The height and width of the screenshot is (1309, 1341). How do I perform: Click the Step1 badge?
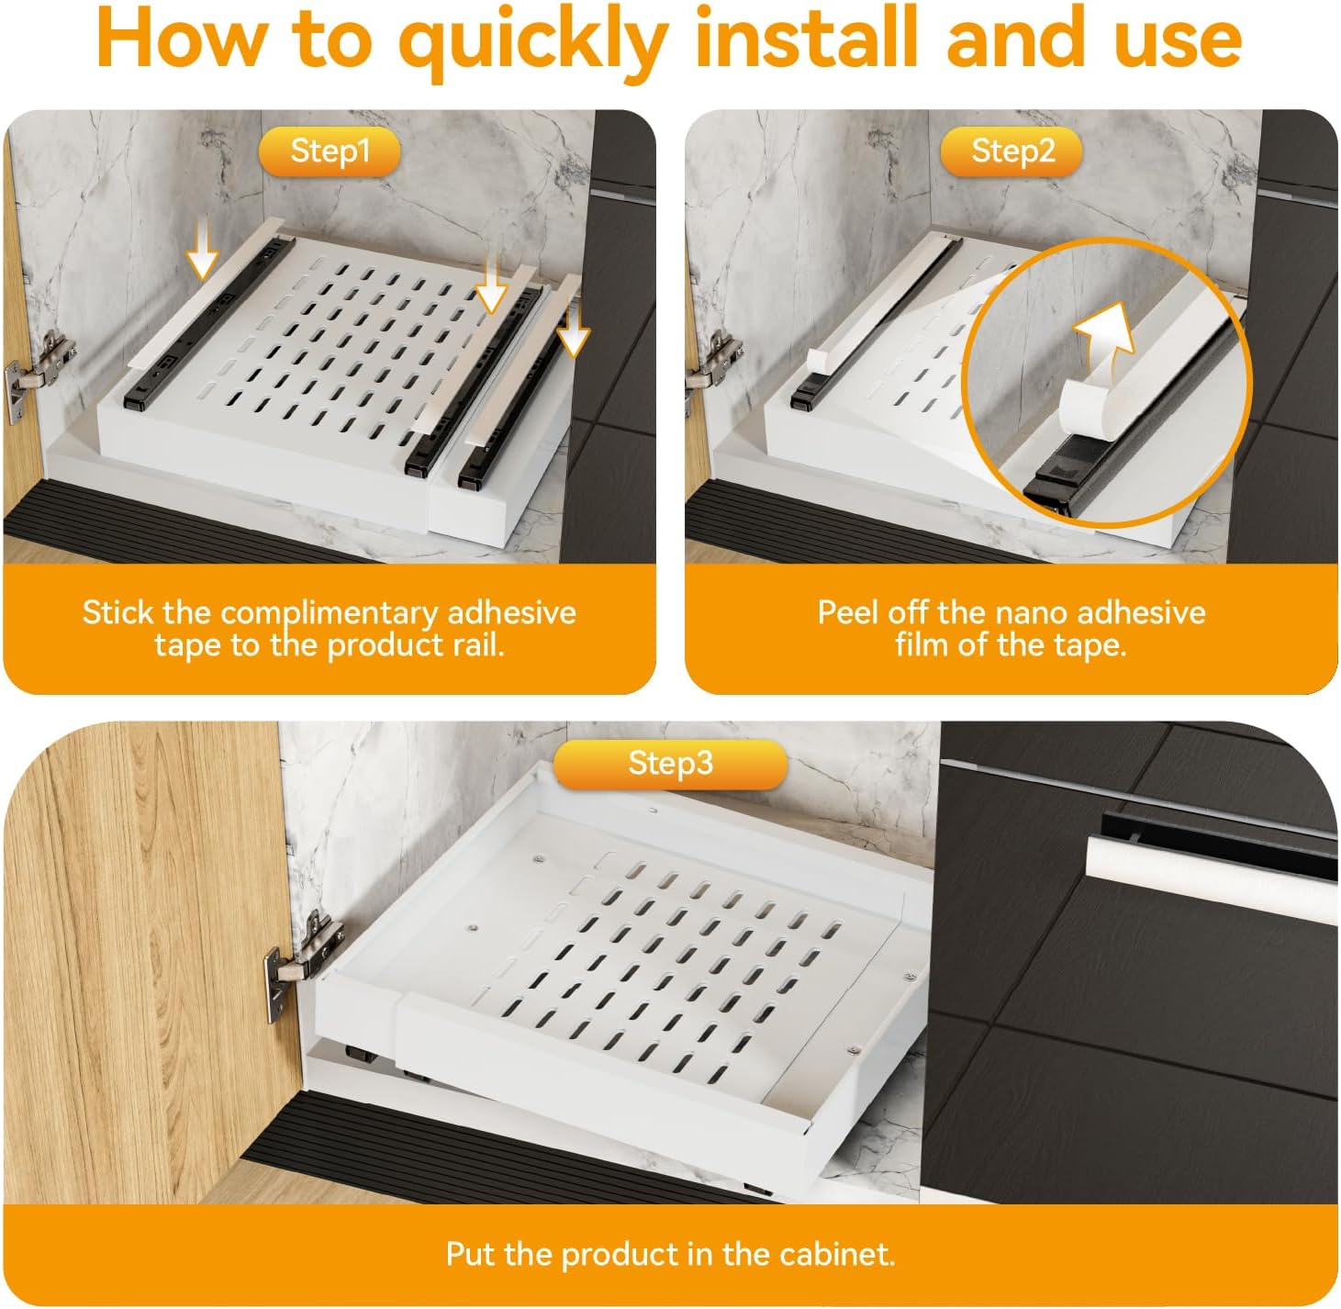(330, 151)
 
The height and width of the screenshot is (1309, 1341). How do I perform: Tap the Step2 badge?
(1011, 151)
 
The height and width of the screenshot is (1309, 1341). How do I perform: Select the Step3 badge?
(670, 764)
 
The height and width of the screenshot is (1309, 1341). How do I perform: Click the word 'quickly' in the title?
(532, 43)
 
